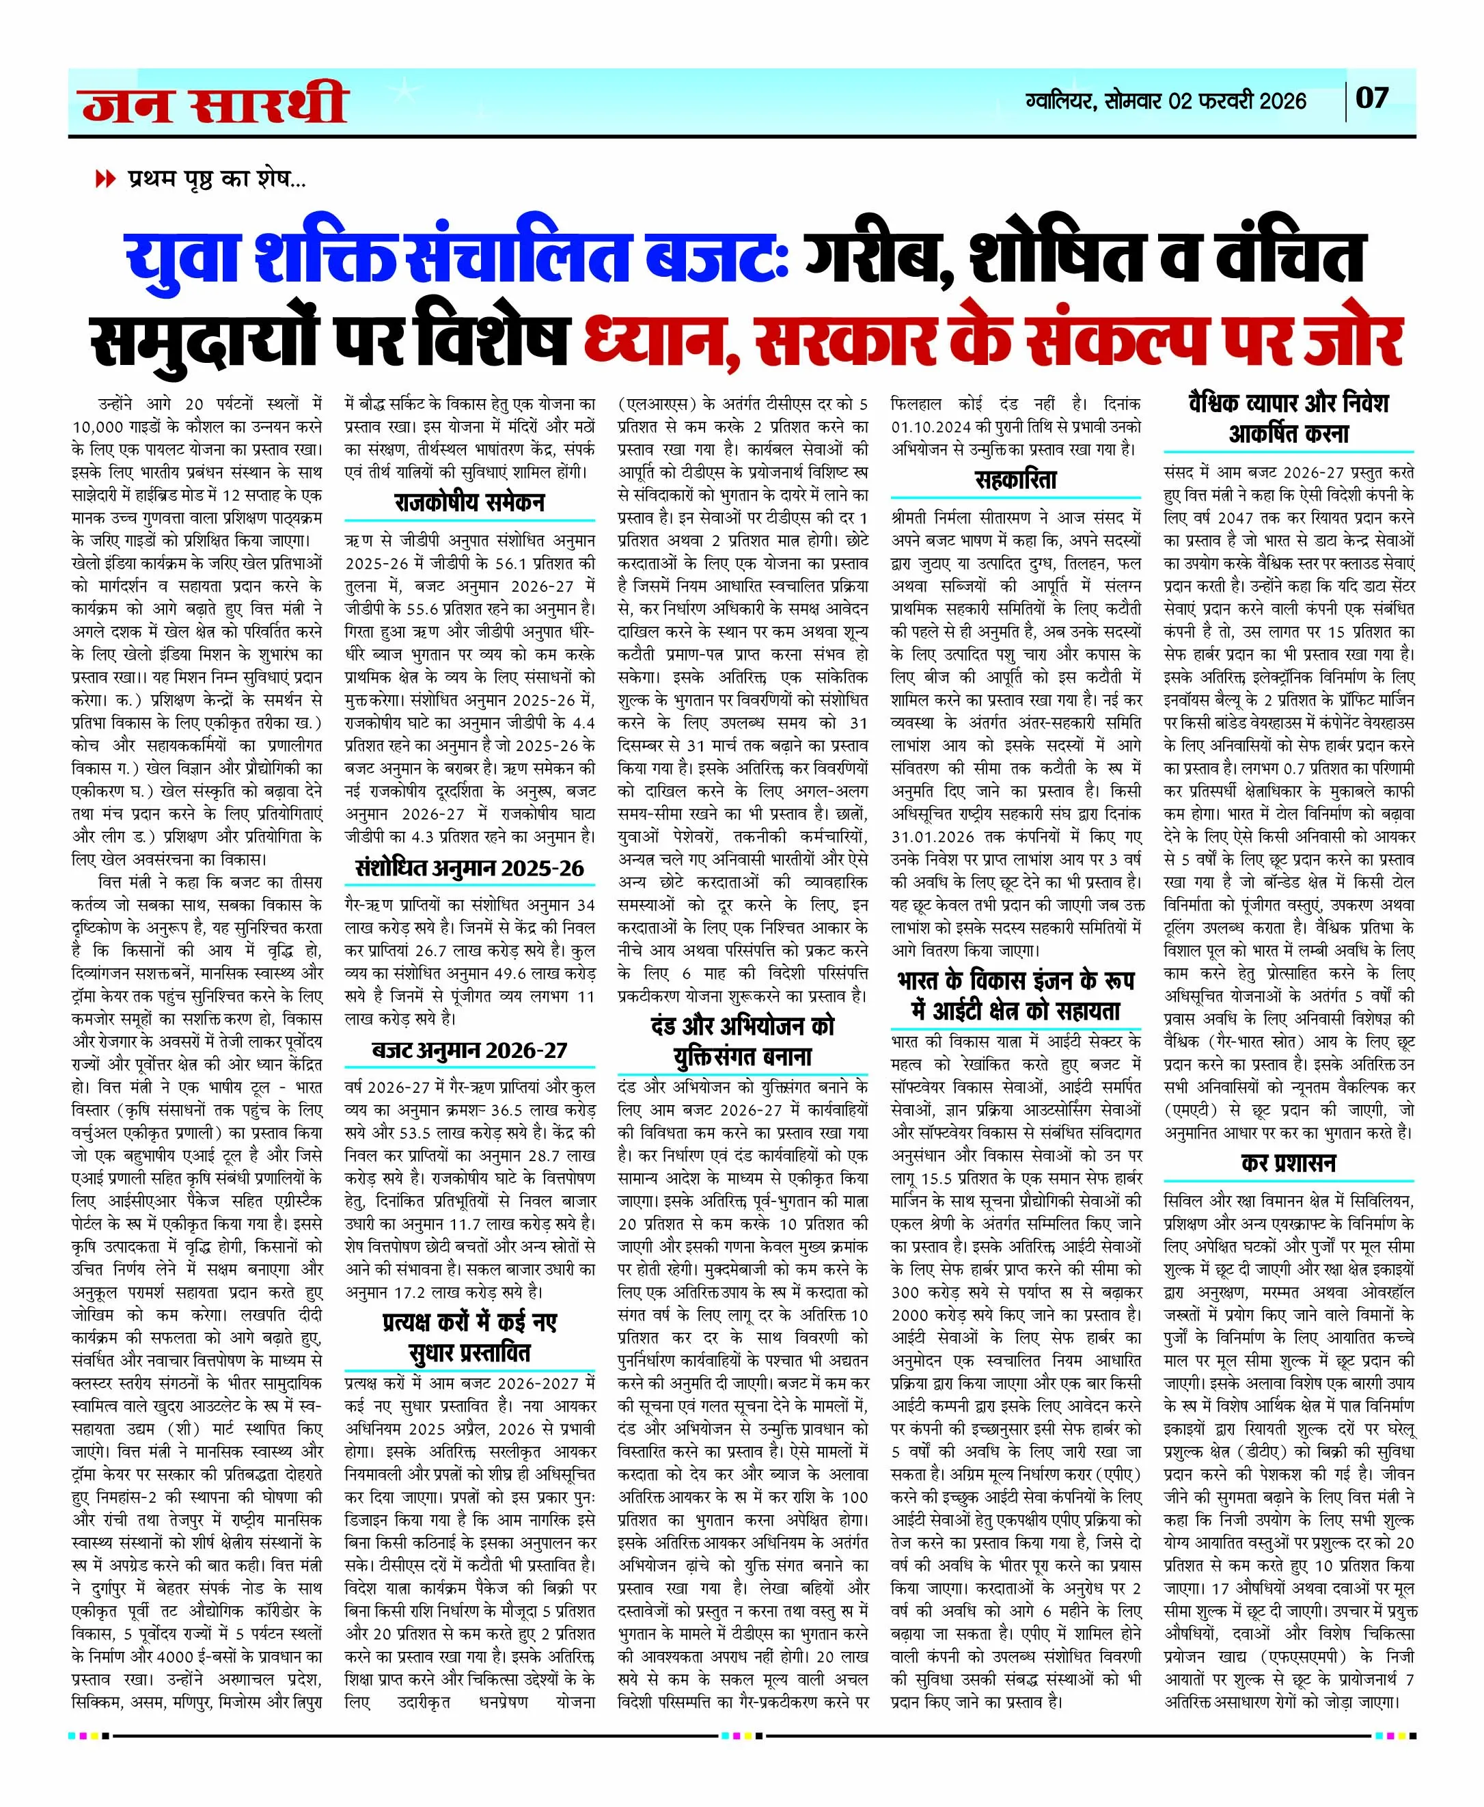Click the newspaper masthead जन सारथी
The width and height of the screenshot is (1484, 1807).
click(x=215, y=103)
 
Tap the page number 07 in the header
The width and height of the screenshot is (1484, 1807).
click(x=1372, y=98)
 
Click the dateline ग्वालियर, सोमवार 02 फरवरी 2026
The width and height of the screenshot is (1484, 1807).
click(x=1166, y=101)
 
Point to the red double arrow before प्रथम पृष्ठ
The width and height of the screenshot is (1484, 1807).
click(x=105, y=180)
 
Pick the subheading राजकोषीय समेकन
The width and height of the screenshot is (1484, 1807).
click(x=469, y=502)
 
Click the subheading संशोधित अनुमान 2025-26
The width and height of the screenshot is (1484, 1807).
click(x=469, y=869)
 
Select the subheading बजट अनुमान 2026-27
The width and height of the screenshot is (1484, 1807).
click(x=469, y=1050)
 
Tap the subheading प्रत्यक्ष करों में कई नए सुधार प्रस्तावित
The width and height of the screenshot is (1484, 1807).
click(x=469, y=1337)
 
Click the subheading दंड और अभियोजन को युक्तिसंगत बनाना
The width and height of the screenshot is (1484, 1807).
click(x=742, y=1041)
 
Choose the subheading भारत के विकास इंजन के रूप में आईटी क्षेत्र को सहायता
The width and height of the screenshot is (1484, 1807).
click(x=1015, y=996)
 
